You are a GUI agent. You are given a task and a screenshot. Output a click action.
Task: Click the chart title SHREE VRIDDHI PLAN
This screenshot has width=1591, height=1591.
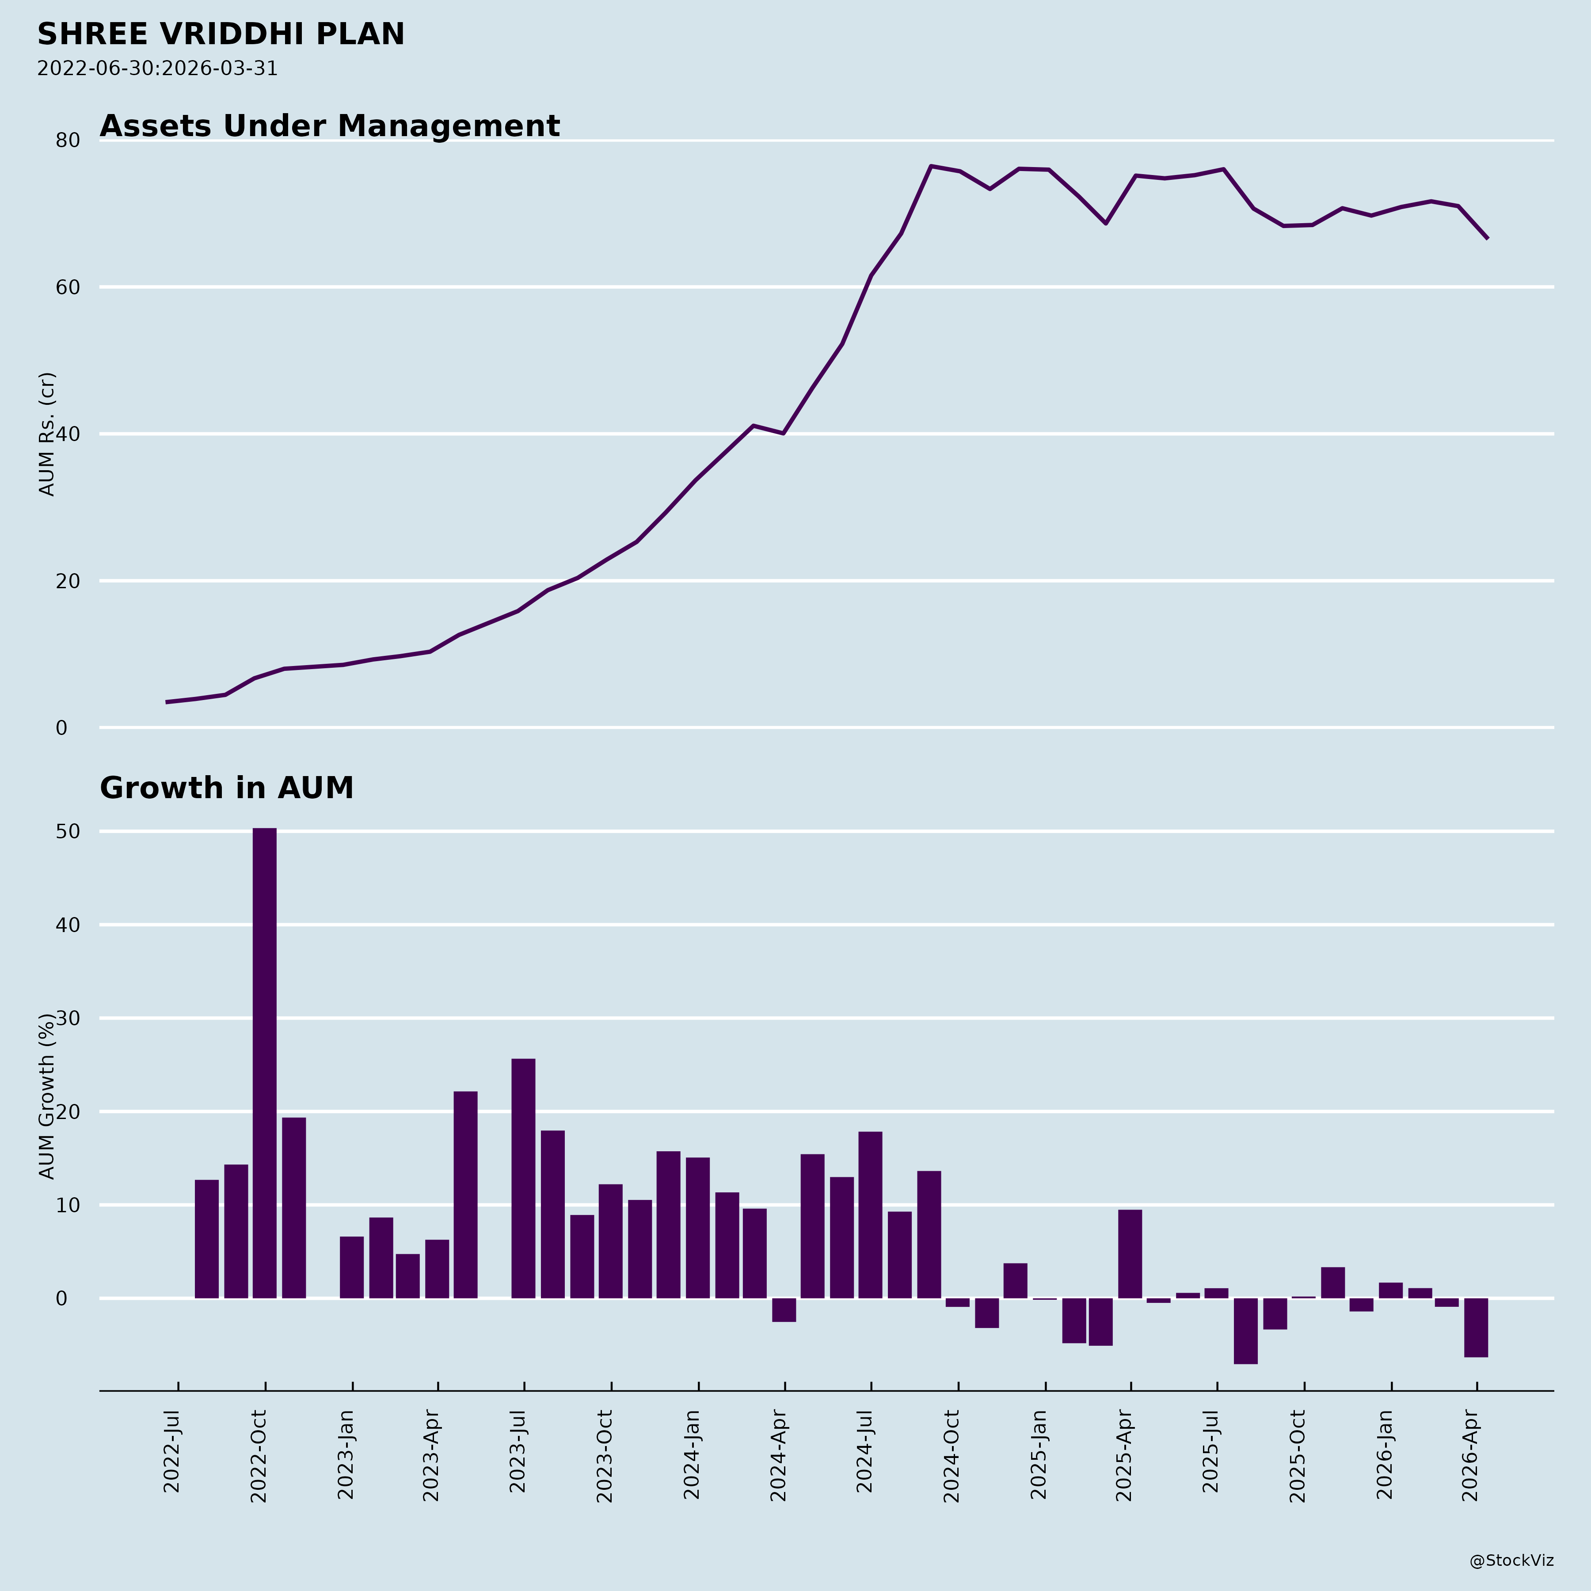pyautogui.click(x=221, y=34)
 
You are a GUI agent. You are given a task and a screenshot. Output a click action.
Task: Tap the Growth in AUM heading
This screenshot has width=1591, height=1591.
pyautogui.click(x=226, y=788)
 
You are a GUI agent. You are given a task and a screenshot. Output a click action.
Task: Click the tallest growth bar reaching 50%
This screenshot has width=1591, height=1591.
pyautogui.click(x=264, y=1062)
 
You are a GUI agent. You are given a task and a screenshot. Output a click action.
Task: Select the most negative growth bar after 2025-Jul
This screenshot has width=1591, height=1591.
pyautogui.click(x=1245, y=1331)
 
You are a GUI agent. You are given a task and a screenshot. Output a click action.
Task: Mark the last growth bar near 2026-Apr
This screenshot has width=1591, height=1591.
pyautogui.click(x=1476, y=1328)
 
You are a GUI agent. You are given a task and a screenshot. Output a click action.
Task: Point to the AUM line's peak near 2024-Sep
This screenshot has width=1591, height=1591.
pyautogui.click(x=931, y=166)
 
